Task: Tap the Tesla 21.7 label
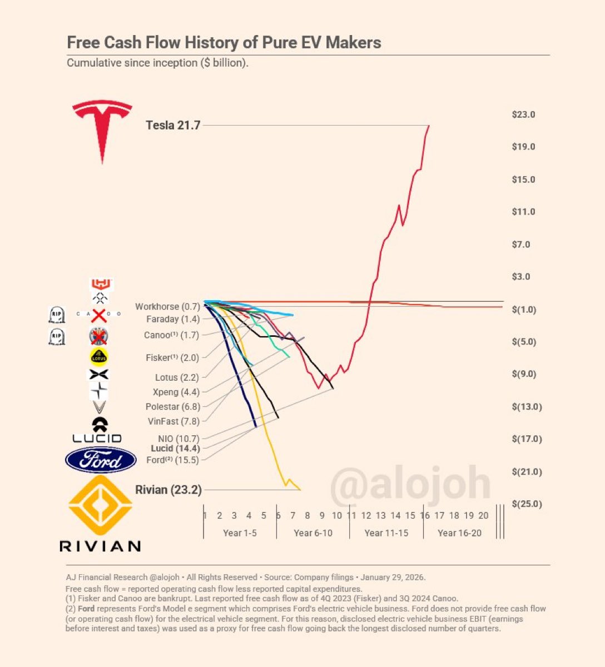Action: pyautogui.click(x=173, y=126)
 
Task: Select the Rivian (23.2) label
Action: pyautogui.click(x=168, y=490)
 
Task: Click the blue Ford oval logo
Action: pyautogui.click(x=101, y=460)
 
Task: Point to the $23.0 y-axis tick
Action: pyautogui.click(x=523, y=115)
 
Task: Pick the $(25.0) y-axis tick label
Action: pyautogui.click(x=527, y=504)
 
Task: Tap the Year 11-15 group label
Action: pyautogui.click(x=386, y=533)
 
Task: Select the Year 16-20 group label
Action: pyautogui.click(x=459, y=533)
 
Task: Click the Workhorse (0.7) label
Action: pyautogui.click(x=167, y=307)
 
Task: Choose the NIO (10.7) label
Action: pyautogui.click(x=178, y=439)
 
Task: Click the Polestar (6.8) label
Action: pyautogui.click(x=172, y=407)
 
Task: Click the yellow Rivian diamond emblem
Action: pyautogui.click(x=100, y=505)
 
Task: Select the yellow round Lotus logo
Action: pyautogui.click(x=99, y=357)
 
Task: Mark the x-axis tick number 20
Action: pyautogui.click(x=483, y=516)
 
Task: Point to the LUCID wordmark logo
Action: pyautogui.click(x=97, y=439)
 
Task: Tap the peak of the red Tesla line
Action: pyautogui.click(x=429, y=126)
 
